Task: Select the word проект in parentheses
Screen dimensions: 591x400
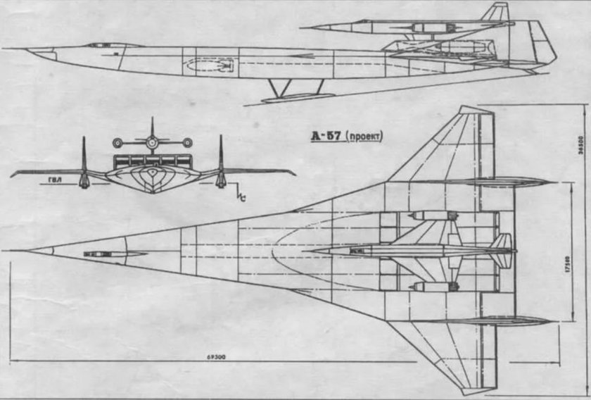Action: click(364, 137)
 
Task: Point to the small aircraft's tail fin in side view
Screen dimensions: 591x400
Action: click(497, 12)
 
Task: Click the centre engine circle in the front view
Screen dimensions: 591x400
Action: click(151, 142)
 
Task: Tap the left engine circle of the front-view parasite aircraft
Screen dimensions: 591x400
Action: click(117, 142)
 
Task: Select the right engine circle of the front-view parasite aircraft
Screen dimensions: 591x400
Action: click(186, 142)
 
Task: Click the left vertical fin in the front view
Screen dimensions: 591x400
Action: click(84, 158)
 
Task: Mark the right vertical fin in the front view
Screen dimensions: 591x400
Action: click(220, 158)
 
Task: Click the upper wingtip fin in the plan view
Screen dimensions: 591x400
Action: click(500, 182)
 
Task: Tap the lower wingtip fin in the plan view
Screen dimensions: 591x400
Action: click(500, 321)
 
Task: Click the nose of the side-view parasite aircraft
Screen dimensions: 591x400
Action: click(310, 27)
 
